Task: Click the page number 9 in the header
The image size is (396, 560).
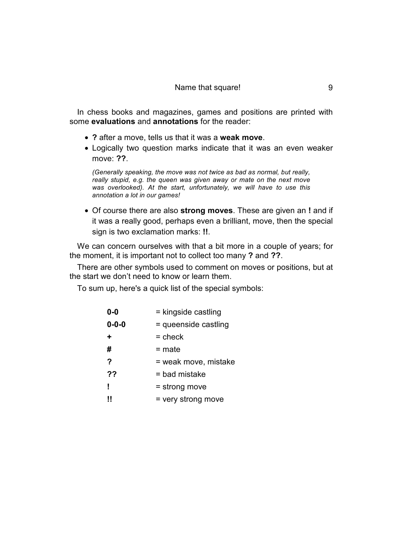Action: tap(330, 88)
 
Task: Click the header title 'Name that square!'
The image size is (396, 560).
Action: tap(207, 87)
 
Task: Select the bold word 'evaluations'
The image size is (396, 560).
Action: tap(113, 121)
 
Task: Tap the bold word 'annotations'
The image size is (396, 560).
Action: tap(175, 121)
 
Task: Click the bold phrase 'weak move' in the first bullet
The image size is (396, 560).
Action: tap(241, 137)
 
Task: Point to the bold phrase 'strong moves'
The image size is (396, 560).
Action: tap(207, 211)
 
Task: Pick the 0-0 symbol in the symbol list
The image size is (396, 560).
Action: tap(113, 312)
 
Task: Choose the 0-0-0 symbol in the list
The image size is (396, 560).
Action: tap(116, 325)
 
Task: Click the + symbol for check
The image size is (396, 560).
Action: tap(109, 337)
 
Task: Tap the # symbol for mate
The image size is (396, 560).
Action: tap(109, 349)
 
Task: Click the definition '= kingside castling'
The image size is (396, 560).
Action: tap(189, 312)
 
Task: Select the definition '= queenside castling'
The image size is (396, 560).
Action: tap(192, 325)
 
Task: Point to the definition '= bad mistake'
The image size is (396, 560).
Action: tap(181, 374)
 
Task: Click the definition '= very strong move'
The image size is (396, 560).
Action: tap(190, 399)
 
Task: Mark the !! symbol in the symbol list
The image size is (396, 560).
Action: tap(109, 399)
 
